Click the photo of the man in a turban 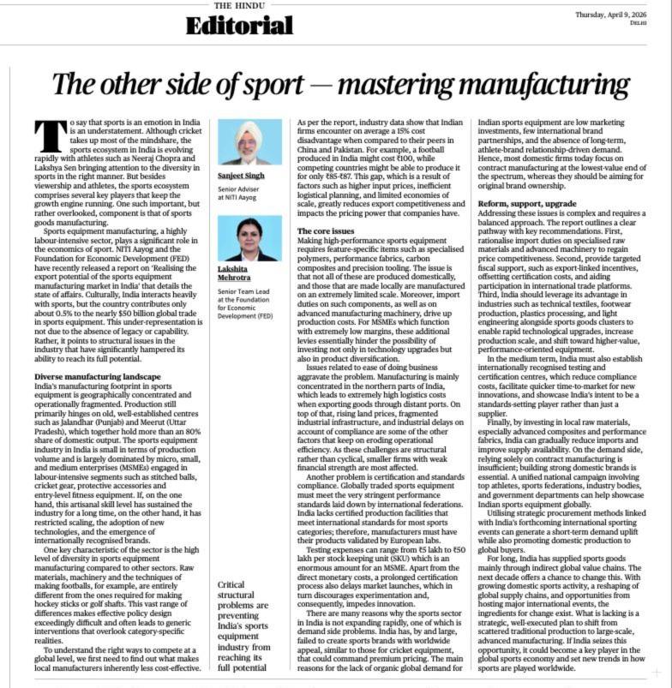[x=250, y=141]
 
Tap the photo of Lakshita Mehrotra [x=250, y=238]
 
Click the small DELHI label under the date [x=638, y=22]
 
